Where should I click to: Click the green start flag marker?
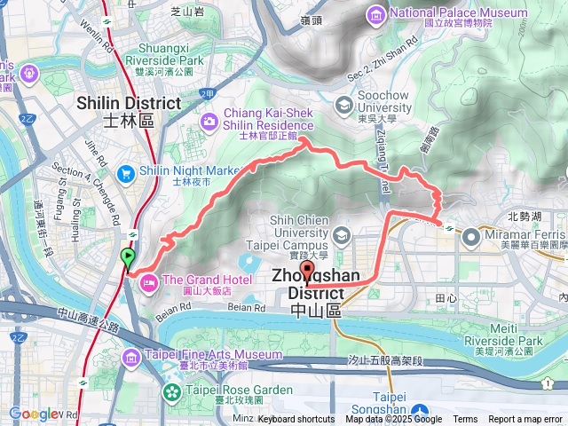coord(128,258)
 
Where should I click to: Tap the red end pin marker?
coord(308,272)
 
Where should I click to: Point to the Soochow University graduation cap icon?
coord(343,106)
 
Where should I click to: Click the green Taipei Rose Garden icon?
coord(170,391)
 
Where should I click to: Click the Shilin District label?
coord(141,110)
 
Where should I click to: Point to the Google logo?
coord(34,414)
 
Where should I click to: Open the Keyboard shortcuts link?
coord(296,420)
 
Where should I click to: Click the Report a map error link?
coord(527,420)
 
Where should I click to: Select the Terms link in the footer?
coord(465,420)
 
